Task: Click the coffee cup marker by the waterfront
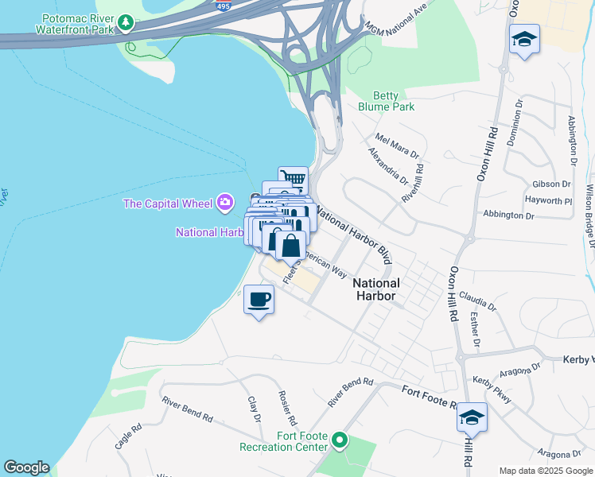pos(259,300)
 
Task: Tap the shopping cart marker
pos(294,179)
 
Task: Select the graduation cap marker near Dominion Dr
pos(524,40)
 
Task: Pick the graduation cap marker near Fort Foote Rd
pos(472,417)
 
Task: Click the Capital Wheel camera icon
pos(225,204)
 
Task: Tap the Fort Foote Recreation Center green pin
pos(340,439)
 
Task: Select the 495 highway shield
pos(223,5)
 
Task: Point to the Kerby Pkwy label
pos(493,389)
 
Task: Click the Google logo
pos(26,467)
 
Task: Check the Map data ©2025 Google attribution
pos(546,471)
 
